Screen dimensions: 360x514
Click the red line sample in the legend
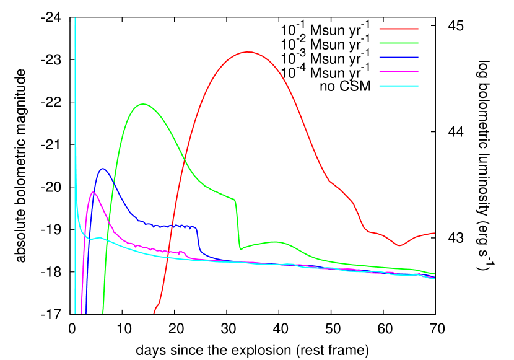point(398,29)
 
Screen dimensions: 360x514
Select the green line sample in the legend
point(398,43)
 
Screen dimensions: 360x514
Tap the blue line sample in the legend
point(398,57)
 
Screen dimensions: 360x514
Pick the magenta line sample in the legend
point(398,71)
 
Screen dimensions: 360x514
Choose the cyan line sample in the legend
point(398,86)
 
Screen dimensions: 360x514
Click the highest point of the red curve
point(248,52)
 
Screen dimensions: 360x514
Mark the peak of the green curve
point(143,103)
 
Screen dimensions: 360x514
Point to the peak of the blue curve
point(103,169)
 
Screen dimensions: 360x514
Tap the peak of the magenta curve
point(93,192)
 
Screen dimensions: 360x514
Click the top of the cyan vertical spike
point(76,19)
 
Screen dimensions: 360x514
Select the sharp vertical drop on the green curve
point(237,223)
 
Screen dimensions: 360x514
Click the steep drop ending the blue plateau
point(198,239)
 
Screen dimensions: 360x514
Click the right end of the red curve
point(435,233)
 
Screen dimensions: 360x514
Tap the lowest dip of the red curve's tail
point(399,245)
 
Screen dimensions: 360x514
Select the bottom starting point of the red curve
point(154,312)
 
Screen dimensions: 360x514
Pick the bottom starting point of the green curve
point(103,312)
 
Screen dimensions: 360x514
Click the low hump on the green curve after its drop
point(274,242)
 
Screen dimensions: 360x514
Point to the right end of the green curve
point(435,274)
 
